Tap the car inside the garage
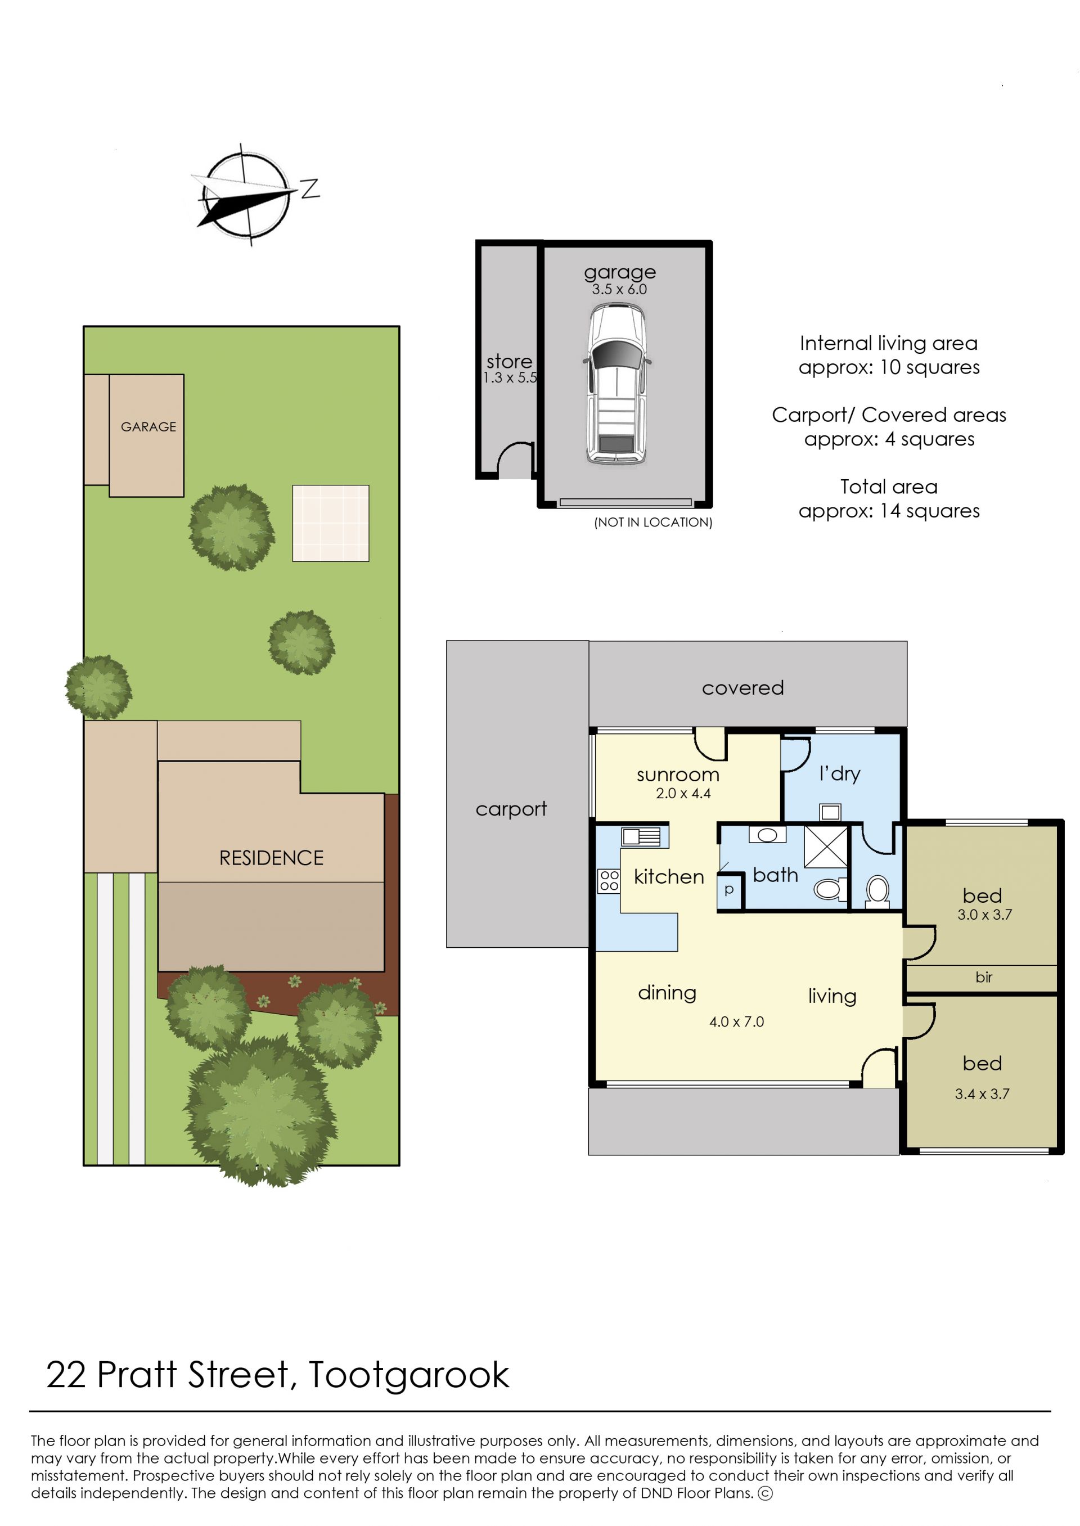pyautogui.click(x=616, y=384)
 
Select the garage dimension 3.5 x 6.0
pyautogui.click(x=619, y=289)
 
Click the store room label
pyautogui.click(x=510, y=361)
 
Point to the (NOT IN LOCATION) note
pyautogui.click(x=653, y=522)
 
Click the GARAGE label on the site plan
pyautogui.click(x=148, y=427)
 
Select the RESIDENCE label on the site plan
pyautogui.click(x=271, y=858)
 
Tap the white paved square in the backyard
pyautogui.click(x=331, y=523)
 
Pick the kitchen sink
pyautogui.click(x=641, y=836)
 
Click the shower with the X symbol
pyautogui.click(x=826, y=847)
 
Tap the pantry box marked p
pyautogui.click(x=730, y=890)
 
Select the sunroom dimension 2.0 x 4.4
pyautogui.click(x=683, y=793)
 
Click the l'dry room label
pyautogui.click(x=840, y=773)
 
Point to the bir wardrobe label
pyautogui.click(x=984, y=977)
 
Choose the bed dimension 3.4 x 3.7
pyautogui.click(x=982, y=1094)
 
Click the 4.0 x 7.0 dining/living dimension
pyautogui.click(x=736, y=1021)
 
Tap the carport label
pyautogui.click(x=511, y=809)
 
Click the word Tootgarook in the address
pyautogui.click(x=409, y=1376)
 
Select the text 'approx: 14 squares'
pyautogui.click(x=889, y=511)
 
